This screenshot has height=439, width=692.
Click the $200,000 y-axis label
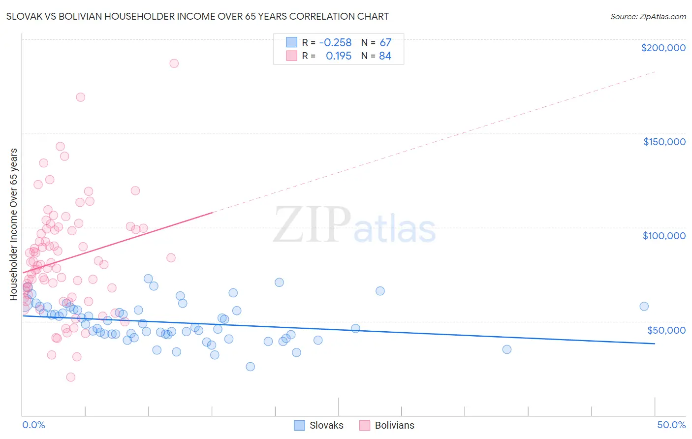[x=663, y=48]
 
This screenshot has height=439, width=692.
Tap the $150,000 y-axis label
[x=664, y=142]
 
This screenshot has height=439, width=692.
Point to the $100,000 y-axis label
[x=664, y=236]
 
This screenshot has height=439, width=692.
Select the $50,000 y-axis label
[x=666, y=330]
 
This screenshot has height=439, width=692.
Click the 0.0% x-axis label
[x=33, y=425]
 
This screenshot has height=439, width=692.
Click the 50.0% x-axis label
[x=671, y=425]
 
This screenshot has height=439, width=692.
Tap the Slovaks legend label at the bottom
[x=326, y=425]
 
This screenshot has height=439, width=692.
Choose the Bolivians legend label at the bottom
[x=394, y=425]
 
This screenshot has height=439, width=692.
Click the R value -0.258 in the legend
[x=335, y=43]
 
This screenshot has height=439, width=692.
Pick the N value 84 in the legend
[x=385, y=56]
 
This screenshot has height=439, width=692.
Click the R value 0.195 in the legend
[x=339, y=56]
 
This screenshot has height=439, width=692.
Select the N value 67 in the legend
[x=385, y=43]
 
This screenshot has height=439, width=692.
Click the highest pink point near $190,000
[x=174, y=63]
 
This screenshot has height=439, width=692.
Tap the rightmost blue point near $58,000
[x=644, y=307]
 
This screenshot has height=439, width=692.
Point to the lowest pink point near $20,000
[x=71, y=377]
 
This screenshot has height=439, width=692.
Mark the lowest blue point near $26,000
[x=250, y=367]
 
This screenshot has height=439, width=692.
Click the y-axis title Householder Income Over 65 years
[x=14, y=224]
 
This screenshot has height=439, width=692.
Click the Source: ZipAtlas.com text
[x=648, y=17]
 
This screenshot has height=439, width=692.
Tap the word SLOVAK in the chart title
[x=23, y=17]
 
